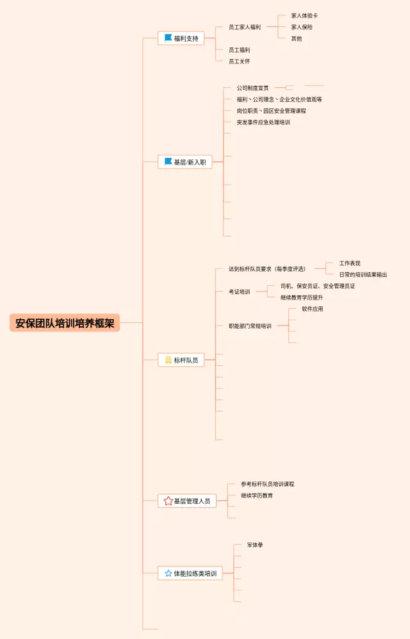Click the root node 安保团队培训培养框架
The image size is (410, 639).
(65, 323)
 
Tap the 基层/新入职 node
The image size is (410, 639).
(185, 162)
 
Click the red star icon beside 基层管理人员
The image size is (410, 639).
(168, 501)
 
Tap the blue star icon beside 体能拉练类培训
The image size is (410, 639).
(168, 574)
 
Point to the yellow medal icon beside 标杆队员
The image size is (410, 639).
(168, 360)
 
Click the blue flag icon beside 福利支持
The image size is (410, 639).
(168, 38)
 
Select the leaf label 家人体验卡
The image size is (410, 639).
(304, 15)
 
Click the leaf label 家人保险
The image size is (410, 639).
(302, 27)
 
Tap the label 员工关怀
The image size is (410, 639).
(240, 62)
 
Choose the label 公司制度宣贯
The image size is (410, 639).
(252, 88)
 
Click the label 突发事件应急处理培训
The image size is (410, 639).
(263, 122)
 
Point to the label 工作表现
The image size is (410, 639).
(350, 263)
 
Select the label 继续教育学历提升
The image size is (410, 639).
(302, 297)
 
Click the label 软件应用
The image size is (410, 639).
(313, 309)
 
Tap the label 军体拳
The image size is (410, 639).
(255, 545)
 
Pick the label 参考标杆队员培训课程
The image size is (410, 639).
(268, 484)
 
